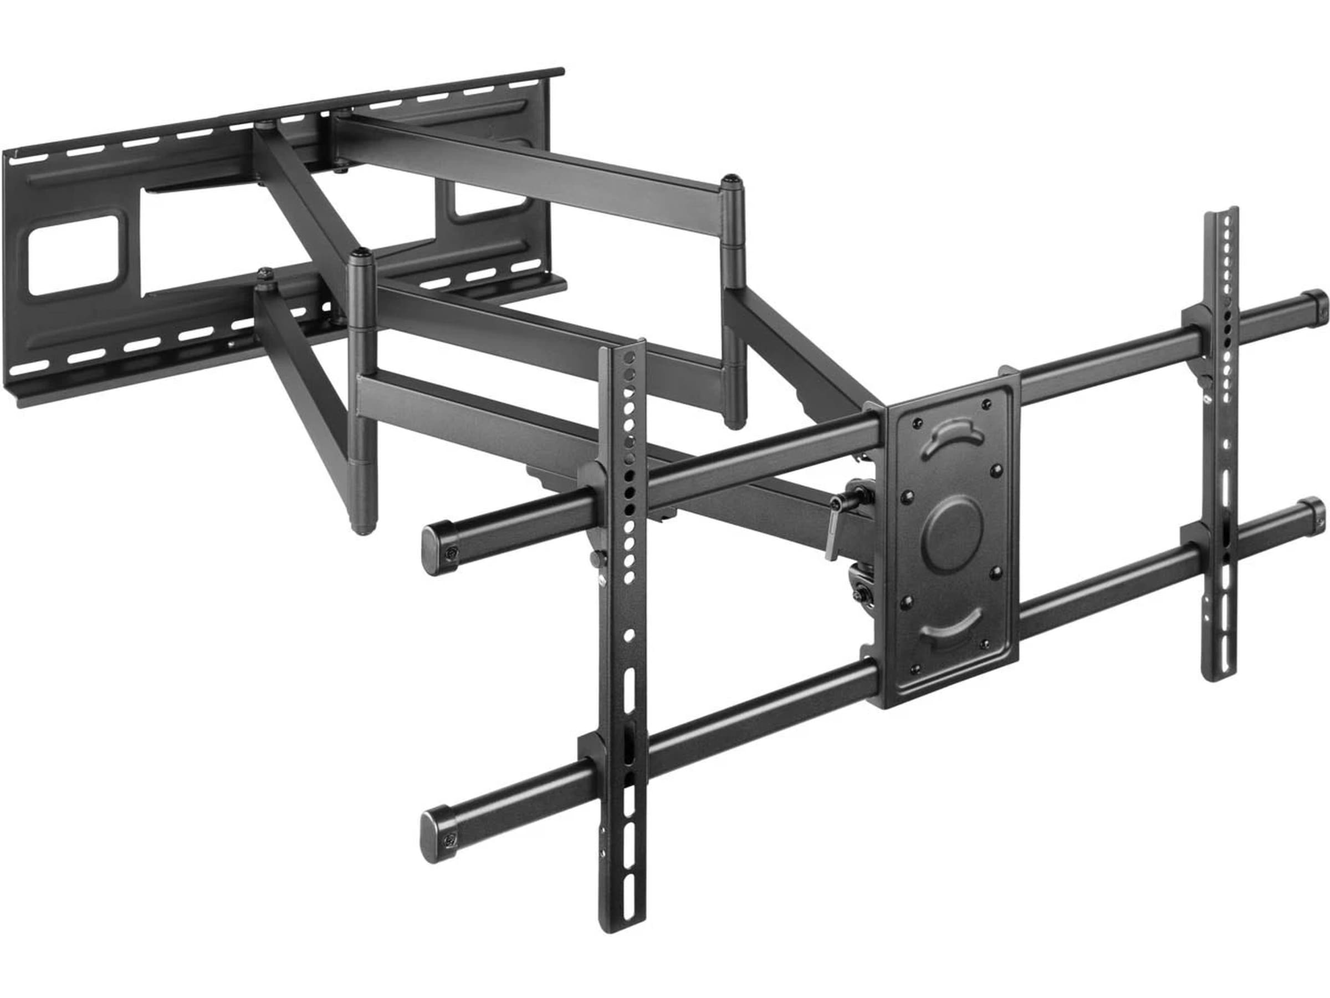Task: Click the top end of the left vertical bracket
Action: pos(623,349)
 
